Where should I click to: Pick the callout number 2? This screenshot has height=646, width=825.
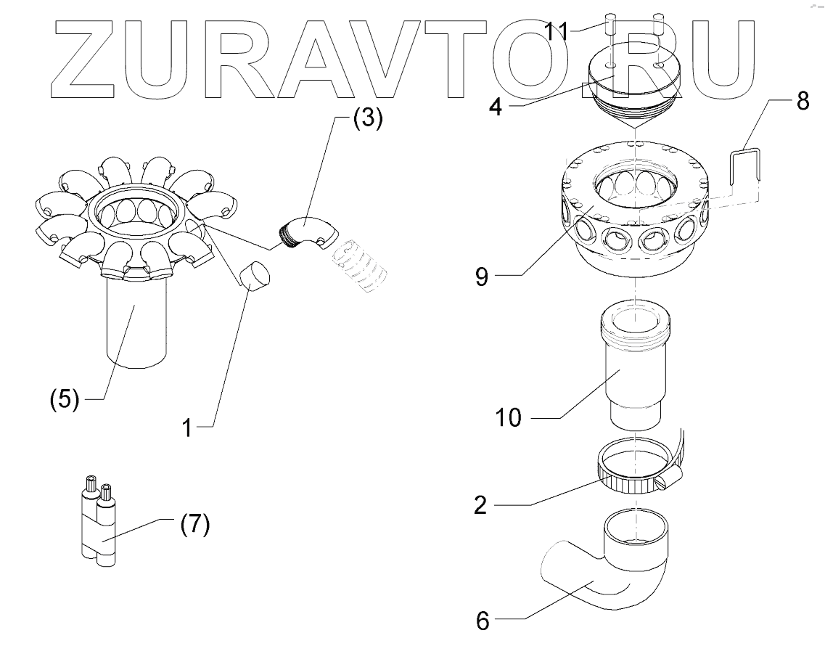[480, 505]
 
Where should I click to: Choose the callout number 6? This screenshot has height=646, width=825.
[483, 621]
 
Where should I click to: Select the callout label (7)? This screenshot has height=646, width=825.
[194, 524]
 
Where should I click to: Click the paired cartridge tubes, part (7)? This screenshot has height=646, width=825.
[98, 524]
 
